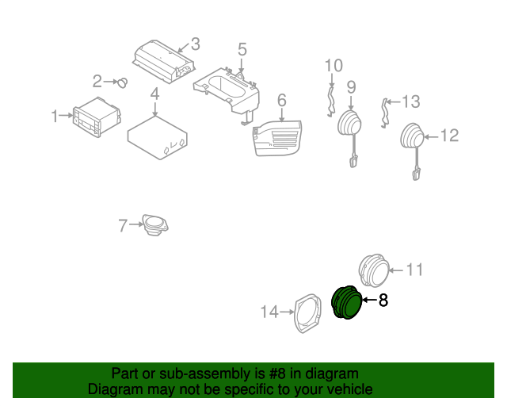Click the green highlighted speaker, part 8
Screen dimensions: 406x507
345,304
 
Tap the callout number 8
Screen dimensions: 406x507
383,301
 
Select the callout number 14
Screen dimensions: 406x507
269,312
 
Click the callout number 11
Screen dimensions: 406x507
415,270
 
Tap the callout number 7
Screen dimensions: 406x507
123,226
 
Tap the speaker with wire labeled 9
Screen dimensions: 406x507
349,125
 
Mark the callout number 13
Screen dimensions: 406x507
410,101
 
